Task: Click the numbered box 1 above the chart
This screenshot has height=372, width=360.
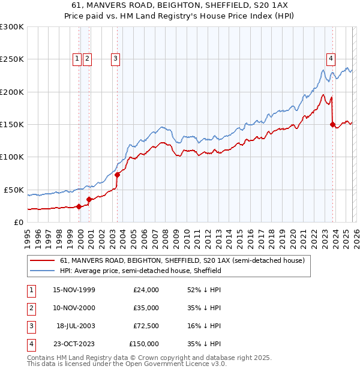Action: pyautogui.click(x=77, y=58)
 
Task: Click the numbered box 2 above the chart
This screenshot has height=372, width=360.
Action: pyautogui.click(x=87, y=58)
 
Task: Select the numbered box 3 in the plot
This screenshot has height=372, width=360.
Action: pyautogui.click(x=115, y=58)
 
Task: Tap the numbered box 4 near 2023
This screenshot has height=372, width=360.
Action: pyautogui.click(x=331, y=58)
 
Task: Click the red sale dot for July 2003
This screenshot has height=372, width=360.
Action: pyautogui.click(x=118, y=175)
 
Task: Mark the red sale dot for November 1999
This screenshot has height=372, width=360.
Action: pyautogui.click(x=79, y=206)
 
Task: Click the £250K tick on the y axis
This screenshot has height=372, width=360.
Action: pyautogui.click(x=12, y=59)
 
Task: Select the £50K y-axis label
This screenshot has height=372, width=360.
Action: pyautogui.click(x=14, y=190)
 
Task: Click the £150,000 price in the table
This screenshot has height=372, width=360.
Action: pyautogui.click(x=144, y=343)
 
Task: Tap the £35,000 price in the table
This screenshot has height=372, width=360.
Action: pyautogui.click(x=146, y=308)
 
